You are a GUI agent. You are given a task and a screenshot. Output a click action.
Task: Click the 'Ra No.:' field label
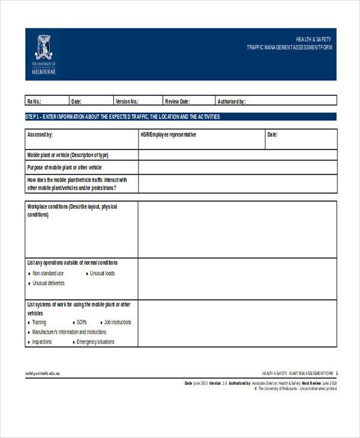34,101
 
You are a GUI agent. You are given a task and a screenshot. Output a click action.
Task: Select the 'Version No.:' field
127,101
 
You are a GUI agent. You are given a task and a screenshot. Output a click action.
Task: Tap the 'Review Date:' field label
177,101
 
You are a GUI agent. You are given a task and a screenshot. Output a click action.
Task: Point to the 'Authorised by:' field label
231,101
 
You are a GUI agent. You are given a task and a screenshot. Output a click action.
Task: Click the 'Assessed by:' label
40,135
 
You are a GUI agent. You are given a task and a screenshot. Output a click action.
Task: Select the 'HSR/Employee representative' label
168,135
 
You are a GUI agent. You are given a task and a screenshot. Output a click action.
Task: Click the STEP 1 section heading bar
180,116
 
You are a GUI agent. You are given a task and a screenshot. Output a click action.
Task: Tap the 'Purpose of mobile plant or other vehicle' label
65,167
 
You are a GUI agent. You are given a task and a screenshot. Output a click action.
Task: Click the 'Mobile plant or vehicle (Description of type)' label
68,155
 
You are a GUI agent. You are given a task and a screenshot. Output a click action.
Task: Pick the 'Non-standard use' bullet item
47,274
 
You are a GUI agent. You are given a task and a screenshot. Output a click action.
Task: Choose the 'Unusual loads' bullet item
102,274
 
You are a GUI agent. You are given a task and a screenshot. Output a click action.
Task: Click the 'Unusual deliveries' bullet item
48,283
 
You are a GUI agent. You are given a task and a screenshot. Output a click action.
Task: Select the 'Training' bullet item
39,322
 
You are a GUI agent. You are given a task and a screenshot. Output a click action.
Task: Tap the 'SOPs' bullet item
82,322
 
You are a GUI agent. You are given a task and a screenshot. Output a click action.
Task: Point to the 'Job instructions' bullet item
117,322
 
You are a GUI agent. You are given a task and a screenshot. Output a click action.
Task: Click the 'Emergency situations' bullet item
95,342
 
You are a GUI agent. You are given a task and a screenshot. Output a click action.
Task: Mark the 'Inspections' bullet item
42,342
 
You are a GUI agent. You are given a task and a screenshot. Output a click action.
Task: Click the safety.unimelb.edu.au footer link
43,373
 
